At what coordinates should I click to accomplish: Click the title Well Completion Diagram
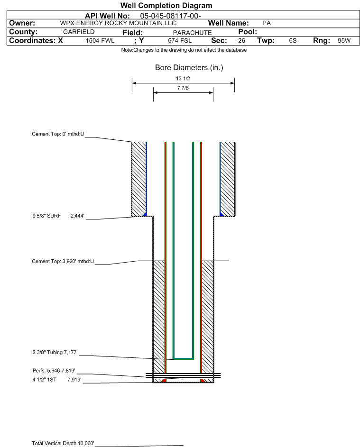(x=166, y=5)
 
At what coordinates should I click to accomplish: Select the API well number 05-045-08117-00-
(x=170, y=16)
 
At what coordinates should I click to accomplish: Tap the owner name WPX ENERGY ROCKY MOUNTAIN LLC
(x=118, y=23)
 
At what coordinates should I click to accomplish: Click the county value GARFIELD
(x=79, y=32)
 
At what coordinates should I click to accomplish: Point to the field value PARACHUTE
(x=192, y=33)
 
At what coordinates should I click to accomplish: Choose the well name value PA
(x=267, y=23)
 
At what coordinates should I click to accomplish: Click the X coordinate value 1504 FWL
(x=100, y=41)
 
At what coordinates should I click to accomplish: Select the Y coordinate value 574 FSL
(x=180, y=41)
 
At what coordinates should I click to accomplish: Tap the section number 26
(x=241, y=41)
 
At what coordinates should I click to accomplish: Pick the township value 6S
(x=293, y=41)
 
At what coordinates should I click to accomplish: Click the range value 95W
(x=344, y=41)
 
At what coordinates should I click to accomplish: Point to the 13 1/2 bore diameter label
(x=183, y=78)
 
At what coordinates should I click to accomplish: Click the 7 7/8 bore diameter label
(x=183, y=88)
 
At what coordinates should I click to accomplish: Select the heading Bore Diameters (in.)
(x=189, y=68)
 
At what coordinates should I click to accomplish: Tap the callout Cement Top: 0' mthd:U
(x=58, y=134)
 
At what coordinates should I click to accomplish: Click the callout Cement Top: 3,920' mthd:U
(x=63, y=261)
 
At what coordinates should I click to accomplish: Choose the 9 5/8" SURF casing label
(x=46, y=216)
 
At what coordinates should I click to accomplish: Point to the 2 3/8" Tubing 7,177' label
(x=55, y=352)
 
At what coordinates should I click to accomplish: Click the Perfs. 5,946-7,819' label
(x=54, y=371)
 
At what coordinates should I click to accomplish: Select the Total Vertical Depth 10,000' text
(x=63, y=443)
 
